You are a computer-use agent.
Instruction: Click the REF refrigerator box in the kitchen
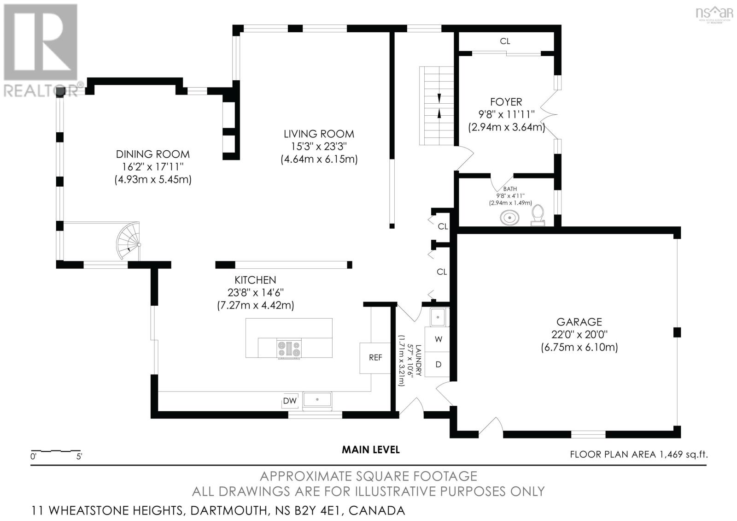[x=375, y=357]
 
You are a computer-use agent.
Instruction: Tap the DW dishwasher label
[x=290, y=401]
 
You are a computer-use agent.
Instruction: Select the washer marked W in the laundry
[x=439, y=339]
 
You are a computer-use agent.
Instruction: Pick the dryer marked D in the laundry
[x=439, y=364]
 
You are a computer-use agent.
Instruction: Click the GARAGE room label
[x=579, y=322]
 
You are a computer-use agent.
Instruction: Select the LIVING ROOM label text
[x=319, y=134]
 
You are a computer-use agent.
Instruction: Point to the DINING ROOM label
[x=152, y=154]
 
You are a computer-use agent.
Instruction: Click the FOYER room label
[x=506, y=101]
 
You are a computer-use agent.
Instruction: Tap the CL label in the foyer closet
[x=505, y=41]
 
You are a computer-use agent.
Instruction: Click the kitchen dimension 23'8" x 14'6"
[x=255, y=292]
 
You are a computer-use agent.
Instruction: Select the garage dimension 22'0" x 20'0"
[x=579, y=335]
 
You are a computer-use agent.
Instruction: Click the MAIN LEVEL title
[x=370, y=450]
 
